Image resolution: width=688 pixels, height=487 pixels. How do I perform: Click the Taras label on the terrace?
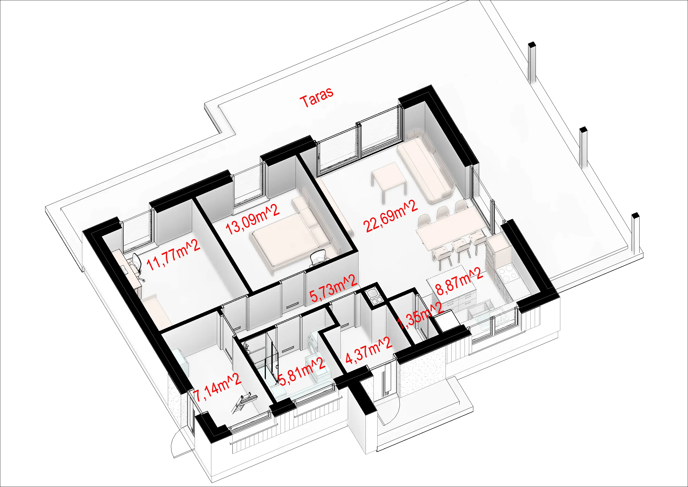click(317, 97)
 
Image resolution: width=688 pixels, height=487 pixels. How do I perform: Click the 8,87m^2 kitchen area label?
click(459, 282)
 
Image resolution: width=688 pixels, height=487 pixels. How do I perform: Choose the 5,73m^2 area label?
click(333, 288)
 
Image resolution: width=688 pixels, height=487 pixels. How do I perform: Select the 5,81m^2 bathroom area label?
click(302, 372)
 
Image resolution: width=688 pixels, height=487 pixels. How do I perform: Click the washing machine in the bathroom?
click(313, 343)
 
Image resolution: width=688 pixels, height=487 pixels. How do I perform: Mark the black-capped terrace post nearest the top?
click(532, 62)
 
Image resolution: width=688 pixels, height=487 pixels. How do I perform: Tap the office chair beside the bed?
click(318, 257)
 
